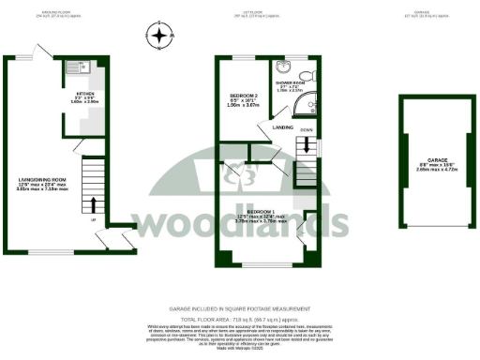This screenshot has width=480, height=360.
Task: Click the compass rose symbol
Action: [161, 37]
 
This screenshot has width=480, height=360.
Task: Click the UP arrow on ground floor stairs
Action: [94, 204]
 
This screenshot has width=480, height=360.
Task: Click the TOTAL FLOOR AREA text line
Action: [240, 320]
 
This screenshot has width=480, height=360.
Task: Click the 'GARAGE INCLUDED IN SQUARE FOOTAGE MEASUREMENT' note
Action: [240, 307]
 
